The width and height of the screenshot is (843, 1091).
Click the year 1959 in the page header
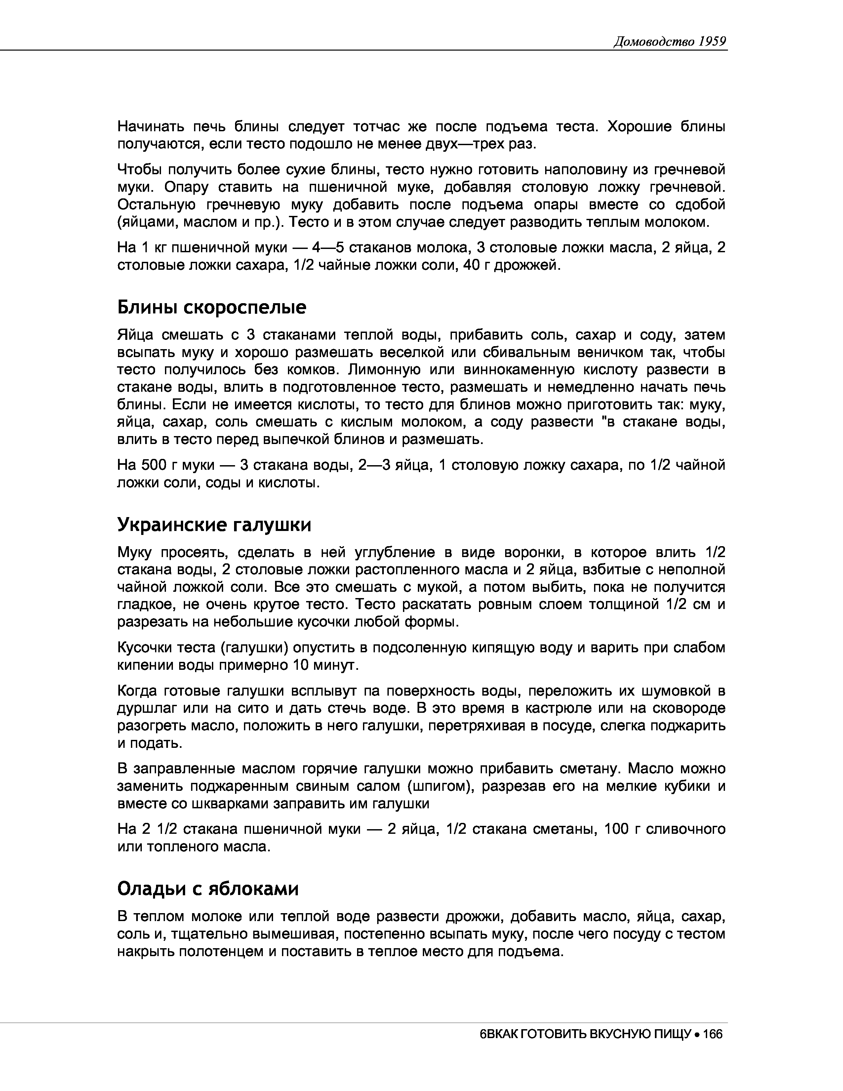(712, 41)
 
